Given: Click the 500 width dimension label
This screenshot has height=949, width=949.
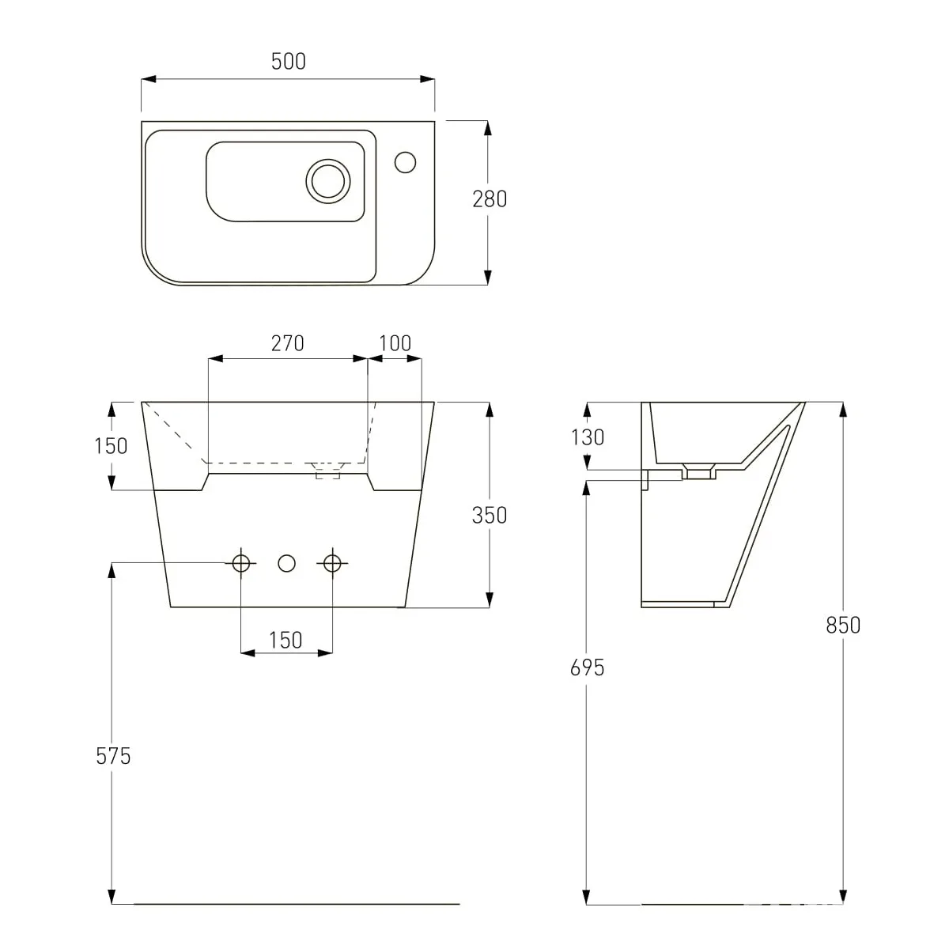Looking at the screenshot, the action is point(288,61).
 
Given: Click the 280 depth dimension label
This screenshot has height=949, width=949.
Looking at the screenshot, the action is point(490,199).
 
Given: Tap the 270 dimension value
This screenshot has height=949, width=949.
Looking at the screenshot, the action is point(288,343).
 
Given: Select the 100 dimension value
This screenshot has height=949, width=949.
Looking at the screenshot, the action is point(395,343).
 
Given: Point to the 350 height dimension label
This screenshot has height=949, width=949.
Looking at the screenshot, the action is point(490,515).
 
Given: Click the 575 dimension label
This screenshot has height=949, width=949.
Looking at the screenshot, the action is point(113,756).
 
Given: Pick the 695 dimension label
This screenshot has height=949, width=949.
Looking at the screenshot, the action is point(587,667).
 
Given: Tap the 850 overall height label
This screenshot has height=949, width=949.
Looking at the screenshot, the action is point(843,626).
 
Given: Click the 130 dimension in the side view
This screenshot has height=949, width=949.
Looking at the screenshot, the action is point(587,437).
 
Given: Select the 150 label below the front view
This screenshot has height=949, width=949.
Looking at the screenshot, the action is point(285,641).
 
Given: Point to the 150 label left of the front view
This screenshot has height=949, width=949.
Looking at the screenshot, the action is point(111,446).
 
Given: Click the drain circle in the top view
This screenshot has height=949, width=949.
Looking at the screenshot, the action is point(328,181).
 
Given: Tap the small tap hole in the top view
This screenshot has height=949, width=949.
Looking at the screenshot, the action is point(406,162).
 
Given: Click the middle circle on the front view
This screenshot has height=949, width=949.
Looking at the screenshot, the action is point(286,563).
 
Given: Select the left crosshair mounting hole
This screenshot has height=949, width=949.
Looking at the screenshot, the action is point(241,563).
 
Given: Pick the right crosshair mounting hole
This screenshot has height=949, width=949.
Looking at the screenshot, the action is point(332,563).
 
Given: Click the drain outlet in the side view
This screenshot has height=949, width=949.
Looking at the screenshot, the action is point(699,472).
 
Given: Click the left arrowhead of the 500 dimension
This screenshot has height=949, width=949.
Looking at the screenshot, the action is point(149,79).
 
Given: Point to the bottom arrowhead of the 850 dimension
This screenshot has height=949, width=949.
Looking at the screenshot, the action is point(843,897).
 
